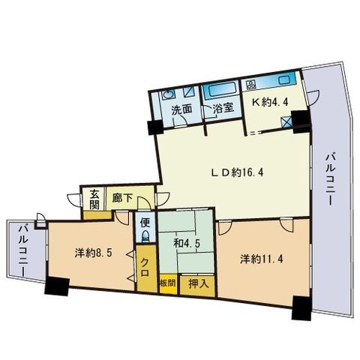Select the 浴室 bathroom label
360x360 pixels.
click(223, 109)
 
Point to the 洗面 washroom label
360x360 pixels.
click(181, 109)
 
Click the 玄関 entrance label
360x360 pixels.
click(94, 197)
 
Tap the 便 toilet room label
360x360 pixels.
click(143, 223)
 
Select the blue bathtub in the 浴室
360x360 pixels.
click(221, 87)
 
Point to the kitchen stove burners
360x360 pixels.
click(251, 83)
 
